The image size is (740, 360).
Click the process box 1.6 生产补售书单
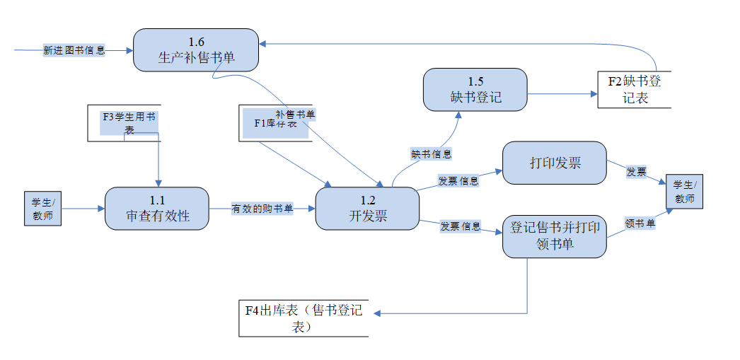pyautogui.click(x=196, y=50)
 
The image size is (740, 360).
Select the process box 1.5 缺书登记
pyautogui.click(x=475, y=89)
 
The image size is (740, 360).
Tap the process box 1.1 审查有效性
pyautogui.click(x=157, y=208)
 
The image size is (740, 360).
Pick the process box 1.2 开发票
pyautogui.click(x=367, y=208)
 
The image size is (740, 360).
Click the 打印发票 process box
pyautogui.click(x=555, y=163)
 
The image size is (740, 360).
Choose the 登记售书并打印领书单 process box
pyautogui.click(x=555, y=236)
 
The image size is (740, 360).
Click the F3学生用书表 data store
pyautogui.click(x=125, y=123)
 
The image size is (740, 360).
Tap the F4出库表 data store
pyautogui.click(x=303, y=318)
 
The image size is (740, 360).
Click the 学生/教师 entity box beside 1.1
pyautogui.click(x=42, y=209)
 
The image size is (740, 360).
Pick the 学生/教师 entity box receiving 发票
pyautogui.click(x=685, y=192)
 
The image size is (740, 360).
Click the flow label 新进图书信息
pyautogui.click(x=74, y=50)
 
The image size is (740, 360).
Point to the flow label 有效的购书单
pyautogui.click(x=262, y=209)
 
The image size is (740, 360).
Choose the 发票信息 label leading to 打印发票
pyautogui.click(x=458, y=180)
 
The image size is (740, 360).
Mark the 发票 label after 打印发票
pyautogui.click(x=636, y=171)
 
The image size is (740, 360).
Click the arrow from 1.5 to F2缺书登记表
pyautogui.click(x=562, y=93)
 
